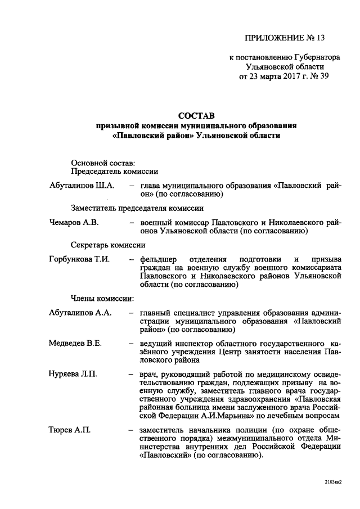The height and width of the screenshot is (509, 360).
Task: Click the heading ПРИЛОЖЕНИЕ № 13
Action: click(x=285, y=38)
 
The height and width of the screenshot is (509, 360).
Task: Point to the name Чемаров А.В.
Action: click(x=74, y=222)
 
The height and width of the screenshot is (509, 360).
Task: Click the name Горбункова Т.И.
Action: click(x=79, y=260)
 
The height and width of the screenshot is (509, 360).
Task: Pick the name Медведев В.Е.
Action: click(x=75, y=344)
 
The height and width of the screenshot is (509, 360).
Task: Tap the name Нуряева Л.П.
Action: click(x=73, y=374)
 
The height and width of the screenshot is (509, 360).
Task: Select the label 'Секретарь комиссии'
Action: click(x=108, y=245)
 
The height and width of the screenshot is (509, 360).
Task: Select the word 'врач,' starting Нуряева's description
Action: click(x=151, y=374)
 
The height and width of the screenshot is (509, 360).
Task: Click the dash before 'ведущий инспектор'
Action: click(x=131, y=344)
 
